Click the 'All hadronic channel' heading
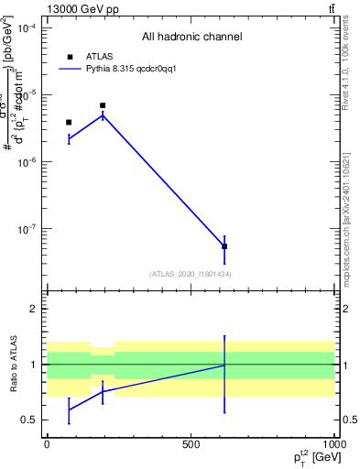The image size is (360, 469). point(191,38)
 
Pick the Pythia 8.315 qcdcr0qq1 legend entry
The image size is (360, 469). point(124,69)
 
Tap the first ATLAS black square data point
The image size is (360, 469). point(69,122)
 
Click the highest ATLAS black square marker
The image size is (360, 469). point(103,105)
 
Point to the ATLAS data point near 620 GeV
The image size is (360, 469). point(224,246)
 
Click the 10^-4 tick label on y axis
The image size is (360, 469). point(25,28)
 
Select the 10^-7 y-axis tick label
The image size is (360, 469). point(25,229)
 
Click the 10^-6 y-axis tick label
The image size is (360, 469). point(25,162)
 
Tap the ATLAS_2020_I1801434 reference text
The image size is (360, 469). point(190,274)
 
